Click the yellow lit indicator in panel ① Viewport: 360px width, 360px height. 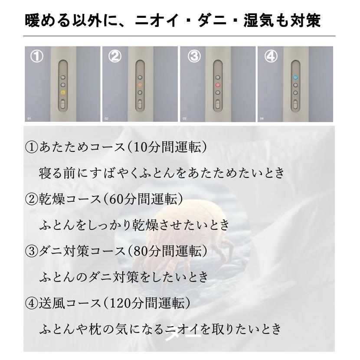click(62, 92)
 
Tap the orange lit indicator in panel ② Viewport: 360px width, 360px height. click(140, 85)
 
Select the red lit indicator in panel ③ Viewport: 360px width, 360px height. click(217, 85)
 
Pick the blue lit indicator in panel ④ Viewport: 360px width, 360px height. click(295, 77)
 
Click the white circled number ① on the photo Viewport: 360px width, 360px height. click(37, 57)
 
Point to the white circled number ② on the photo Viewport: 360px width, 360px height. click(115, 57)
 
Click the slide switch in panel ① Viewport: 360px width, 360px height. click(62, 105)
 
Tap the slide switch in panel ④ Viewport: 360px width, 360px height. click(295, 105)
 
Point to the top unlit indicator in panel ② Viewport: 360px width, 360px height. click(140, 76)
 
